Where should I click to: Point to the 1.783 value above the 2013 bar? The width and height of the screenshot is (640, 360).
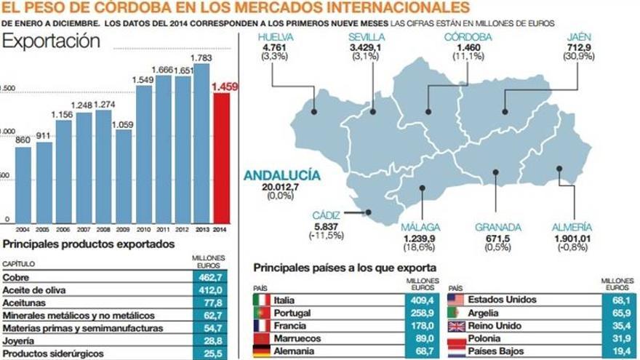[201, 57]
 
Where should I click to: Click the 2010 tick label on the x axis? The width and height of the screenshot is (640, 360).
[144, 229]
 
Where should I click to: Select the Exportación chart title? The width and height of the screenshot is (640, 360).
[51, 41]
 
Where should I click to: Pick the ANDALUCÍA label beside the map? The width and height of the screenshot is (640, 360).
[281, 175]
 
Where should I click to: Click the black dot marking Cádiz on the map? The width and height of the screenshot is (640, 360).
[369, 213]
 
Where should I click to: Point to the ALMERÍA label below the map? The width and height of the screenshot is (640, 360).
[572, 227]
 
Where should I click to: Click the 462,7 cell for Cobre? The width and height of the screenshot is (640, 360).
[209, 277]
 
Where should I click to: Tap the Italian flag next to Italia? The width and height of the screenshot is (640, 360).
[261, 300]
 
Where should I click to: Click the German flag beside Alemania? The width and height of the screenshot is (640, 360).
[261, 352]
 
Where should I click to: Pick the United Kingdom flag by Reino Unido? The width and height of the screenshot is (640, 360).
[456, 326]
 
